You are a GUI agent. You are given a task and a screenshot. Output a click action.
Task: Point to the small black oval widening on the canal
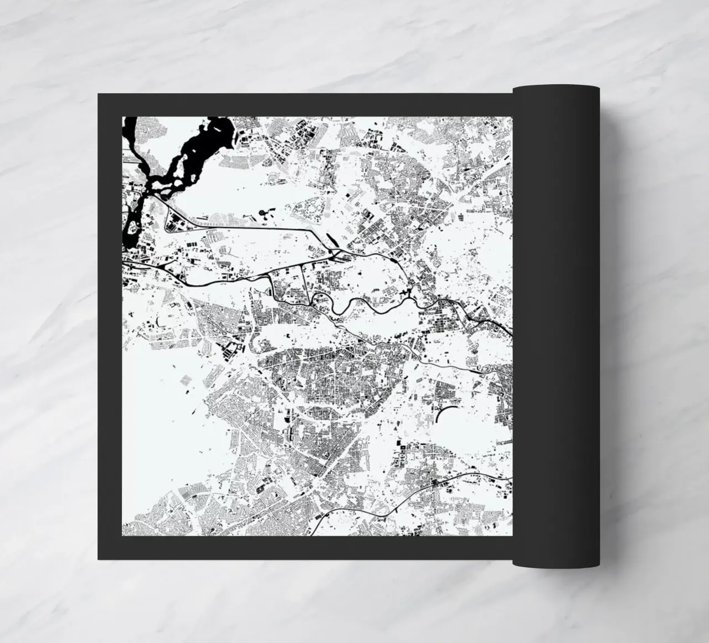[x=392, y=257]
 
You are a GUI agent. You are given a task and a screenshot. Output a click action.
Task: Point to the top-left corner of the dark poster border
[x=99, y=95]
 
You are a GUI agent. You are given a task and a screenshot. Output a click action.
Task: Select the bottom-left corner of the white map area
[x=122, y=535]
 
